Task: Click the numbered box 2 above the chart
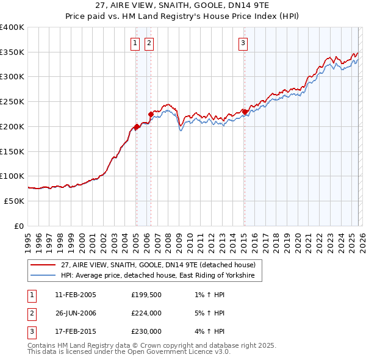pyautogui.click(x=149, y=43)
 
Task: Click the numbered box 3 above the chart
pyautogui.click(x=243, y=43)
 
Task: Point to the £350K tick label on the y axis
pyautogui.click(x=12, y=52)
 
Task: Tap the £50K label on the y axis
pyautogui.click(x=15, y=201)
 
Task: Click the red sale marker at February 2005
pyautogui.click(x=137, y=127)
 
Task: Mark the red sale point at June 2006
pyautogui.click(x=151, y=114)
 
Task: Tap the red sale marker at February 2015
pyautogui.click(x=245, y=112)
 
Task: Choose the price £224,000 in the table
pyautogui.click(x=146, y=314)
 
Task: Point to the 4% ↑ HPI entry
pyautogui.click(x=209, y=332)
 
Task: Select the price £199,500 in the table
pyautogui.click(x=146, y=295)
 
